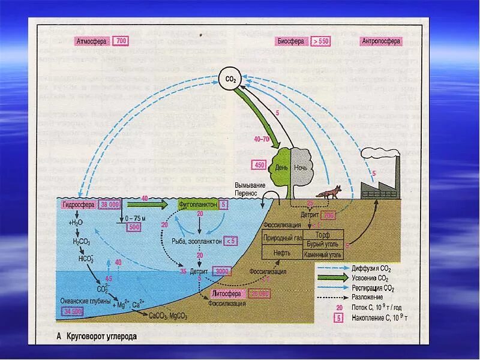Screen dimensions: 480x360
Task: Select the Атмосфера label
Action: tap(92, 41)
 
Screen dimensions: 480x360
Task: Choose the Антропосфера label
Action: tap(382, 41)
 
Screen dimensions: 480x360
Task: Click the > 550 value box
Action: tap(320, 41)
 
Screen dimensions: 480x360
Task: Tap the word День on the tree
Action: tap(281, 167)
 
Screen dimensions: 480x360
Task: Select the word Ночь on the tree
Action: tap(300, 167)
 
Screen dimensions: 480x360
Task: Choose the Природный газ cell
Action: tap(282, 238)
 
